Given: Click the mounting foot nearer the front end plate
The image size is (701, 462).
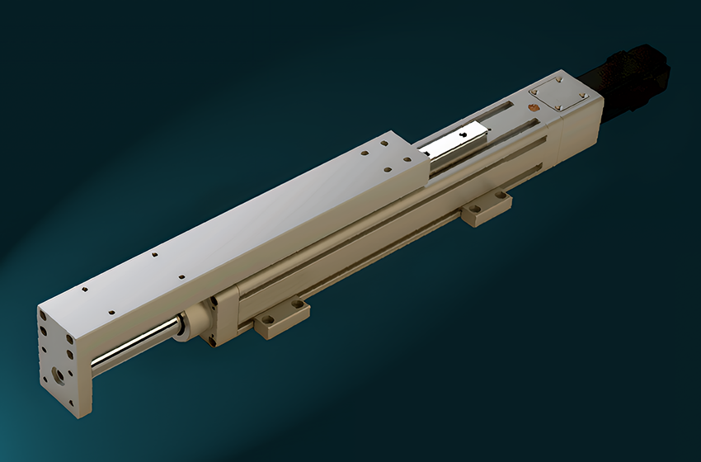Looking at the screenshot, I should [x=281, y=318].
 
